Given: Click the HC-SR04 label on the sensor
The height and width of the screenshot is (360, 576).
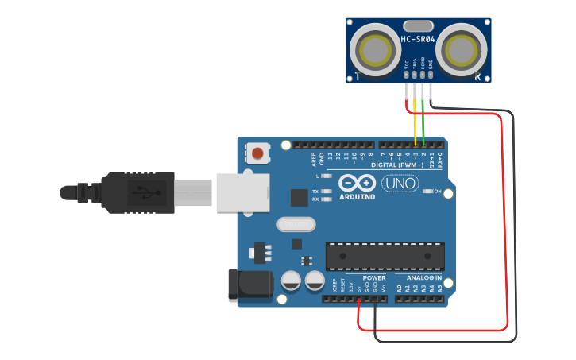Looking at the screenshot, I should point(418,39).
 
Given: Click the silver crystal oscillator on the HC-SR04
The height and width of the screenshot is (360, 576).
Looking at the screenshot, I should point(418,26).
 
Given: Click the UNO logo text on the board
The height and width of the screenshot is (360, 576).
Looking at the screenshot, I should point(400,184).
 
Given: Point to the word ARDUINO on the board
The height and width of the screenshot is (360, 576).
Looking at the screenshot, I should point(357,196).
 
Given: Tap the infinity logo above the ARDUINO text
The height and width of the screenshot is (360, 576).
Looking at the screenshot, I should point(357,183).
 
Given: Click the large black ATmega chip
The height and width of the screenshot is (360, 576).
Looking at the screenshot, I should point(385,256).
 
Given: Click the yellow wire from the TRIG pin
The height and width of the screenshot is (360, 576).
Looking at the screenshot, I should point(415,119).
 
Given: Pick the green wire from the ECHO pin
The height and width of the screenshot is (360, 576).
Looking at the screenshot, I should point(423,119).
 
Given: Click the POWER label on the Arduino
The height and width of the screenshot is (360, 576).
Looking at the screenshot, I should point(373,278).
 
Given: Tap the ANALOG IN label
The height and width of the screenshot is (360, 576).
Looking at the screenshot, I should point(423,278).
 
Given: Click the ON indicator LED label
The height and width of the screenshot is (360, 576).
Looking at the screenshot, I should point(438,192).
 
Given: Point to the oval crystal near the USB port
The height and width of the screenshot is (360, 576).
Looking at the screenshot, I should point(296,225).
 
